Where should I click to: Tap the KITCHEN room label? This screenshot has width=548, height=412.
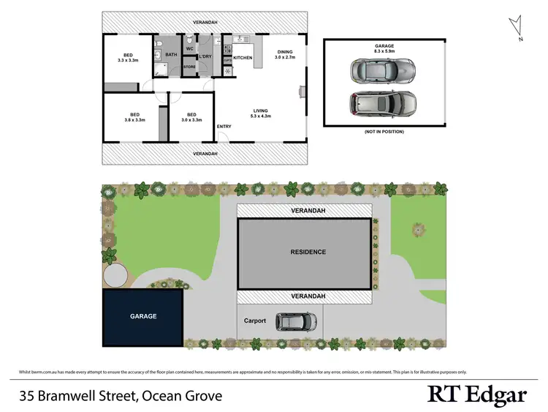[243, 58]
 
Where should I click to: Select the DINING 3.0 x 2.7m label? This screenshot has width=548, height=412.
[285, 54]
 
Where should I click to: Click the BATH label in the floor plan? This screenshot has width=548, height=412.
[172, 55]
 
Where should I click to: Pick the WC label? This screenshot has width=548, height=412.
[189, 49]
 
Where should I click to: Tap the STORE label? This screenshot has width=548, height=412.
[189, 67]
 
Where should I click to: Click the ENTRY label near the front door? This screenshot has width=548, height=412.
[224, 127]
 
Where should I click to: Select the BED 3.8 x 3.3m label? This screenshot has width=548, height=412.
[135, 117]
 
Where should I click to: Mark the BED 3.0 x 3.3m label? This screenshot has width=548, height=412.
[191, 117]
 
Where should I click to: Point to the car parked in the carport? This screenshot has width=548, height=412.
[296, 321]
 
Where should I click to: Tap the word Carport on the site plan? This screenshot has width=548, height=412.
[255, 321]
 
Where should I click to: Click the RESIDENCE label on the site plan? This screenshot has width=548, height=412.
[308, 252]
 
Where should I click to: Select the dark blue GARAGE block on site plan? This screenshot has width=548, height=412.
[143, 318]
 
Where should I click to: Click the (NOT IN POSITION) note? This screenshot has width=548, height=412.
[383, 132]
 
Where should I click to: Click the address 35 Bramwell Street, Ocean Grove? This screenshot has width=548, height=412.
[121, 397]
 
